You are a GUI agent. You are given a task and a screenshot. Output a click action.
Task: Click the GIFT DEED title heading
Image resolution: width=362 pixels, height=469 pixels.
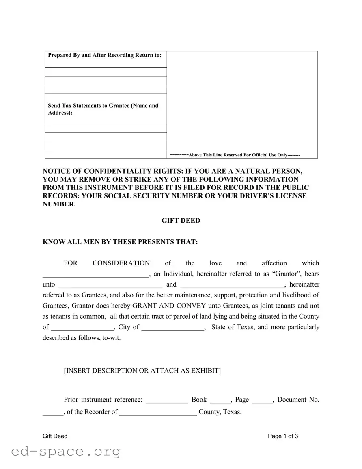point(181,221)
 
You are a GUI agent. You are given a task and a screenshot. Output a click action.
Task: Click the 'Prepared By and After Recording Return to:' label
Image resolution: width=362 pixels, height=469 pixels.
point(105,55)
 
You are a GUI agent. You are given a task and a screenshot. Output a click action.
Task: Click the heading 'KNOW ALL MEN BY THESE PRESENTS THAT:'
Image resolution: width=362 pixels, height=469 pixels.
point(120,242)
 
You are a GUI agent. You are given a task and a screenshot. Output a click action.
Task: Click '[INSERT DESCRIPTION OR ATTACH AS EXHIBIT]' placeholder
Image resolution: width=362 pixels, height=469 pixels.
point(142,371)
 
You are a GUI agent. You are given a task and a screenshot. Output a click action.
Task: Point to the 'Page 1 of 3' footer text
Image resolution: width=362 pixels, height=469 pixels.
point(283,436)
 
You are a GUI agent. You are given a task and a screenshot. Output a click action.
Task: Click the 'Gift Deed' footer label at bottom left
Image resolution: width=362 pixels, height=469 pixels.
point(55,436)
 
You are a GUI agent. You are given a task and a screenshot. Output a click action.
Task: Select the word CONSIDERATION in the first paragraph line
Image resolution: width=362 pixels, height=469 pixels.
point(121,263)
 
